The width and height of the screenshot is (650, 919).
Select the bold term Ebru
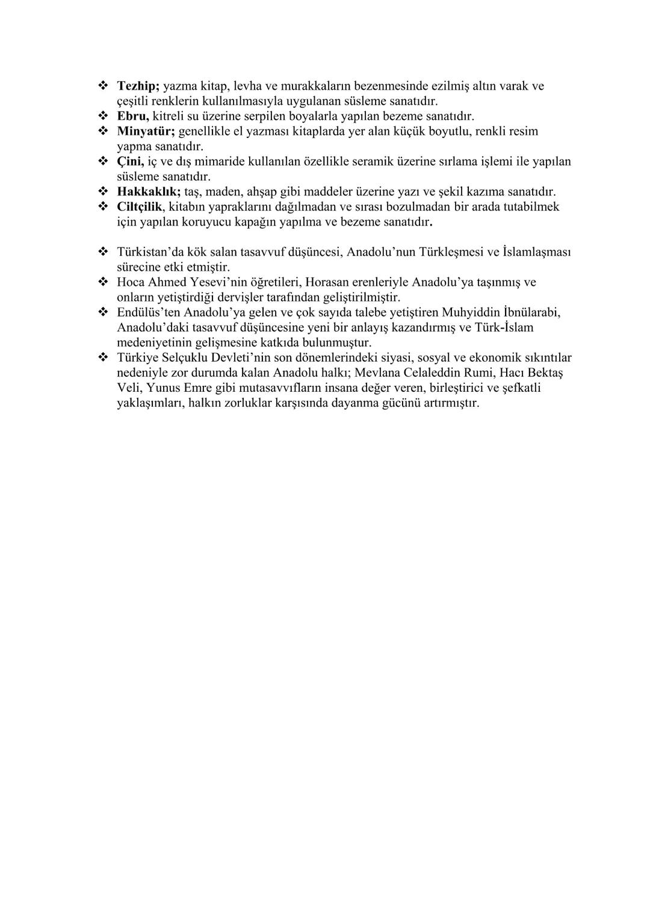[133, 116]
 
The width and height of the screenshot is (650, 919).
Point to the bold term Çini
[130, 161]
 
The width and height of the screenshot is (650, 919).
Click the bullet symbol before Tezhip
[102, 86]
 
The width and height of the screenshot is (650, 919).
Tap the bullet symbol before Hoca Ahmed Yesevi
[102, 282]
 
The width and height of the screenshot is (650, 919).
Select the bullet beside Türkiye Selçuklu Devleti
[102, 357]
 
